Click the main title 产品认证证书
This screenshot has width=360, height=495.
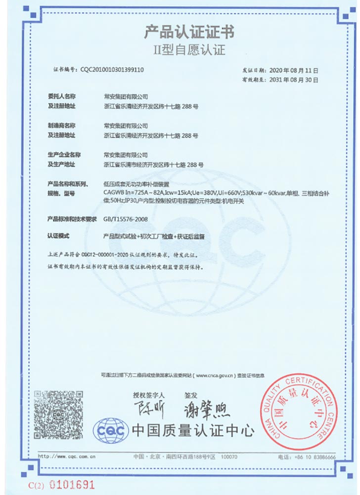[x=189, y=33]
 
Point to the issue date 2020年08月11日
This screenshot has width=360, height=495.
[x=294, y=70]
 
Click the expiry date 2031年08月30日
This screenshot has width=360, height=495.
[x=294, y=79]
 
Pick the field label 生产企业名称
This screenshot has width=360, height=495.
[x=63, y=155]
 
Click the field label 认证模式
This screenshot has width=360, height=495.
[x=59, y=237]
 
